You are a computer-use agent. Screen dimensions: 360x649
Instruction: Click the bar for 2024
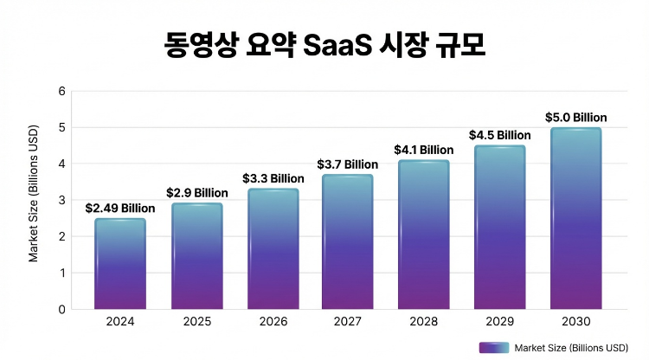[119, 264]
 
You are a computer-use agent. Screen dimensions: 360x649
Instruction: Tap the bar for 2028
[423, 235]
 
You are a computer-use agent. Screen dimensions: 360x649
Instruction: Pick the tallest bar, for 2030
[575, 218]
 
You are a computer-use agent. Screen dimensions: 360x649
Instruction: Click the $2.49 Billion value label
[119, 208]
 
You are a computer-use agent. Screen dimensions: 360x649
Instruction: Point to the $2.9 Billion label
[196, 192]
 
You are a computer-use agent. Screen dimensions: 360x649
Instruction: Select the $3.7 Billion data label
[347, 164]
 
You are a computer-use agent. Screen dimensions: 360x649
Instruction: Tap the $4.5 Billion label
[499, 134]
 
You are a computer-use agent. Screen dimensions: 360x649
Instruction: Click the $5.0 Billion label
[575, 117]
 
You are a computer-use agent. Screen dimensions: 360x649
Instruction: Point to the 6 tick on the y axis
[61, 91]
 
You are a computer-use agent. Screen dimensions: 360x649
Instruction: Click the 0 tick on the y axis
[61, 309]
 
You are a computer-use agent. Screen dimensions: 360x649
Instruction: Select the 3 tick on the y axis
[61, 200]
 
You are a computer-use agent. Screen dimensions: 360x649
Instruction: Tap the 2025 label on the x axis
[196, 322]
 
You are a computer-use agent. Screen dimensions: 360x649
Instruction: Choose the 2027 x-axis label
[347, 322]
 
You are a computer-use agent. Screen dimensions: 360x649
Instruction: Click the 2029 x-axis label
[499, 322]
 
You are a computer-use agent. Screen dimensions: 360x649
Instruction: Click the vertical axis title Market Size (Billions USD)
[34, 200]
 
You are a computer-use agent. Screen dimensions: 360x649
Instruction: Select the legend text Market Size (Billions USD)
[570, 348]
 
